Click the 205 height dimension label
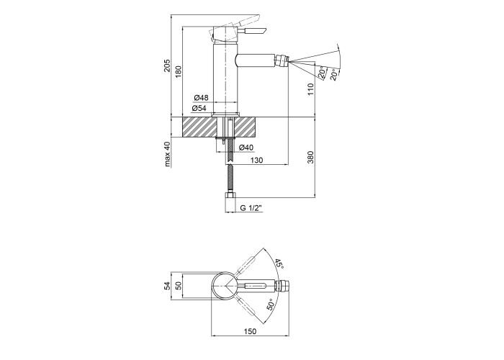167,66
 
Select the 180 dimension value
179,71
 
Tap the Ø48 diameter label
201,97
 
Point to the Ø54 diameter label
199,108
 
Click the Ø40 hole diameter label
246,148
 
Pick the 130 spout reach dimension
257,160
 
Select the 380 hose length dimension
310,157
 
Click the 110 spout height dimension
310,89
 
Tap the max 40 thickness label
168,154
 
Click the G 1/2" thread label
251,208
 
